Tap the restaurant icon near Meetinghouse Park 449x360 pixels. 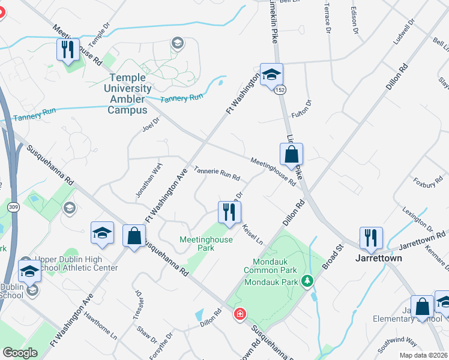tap(229, 212)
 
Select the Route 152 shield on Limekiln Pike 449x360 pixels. tap(280, 89)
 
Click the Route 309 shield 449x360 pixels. tap(12, 206)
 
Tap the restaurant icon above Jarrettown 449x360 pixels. tap(370, 238)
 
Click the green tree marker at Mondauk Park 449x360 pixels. tap(307, 280)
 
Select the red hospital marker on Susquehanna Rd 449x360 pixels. tap(240, 314)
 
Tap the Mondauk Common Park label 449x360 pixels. tap(270, 269)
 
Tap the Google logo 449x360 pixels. tap(20, 353)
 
